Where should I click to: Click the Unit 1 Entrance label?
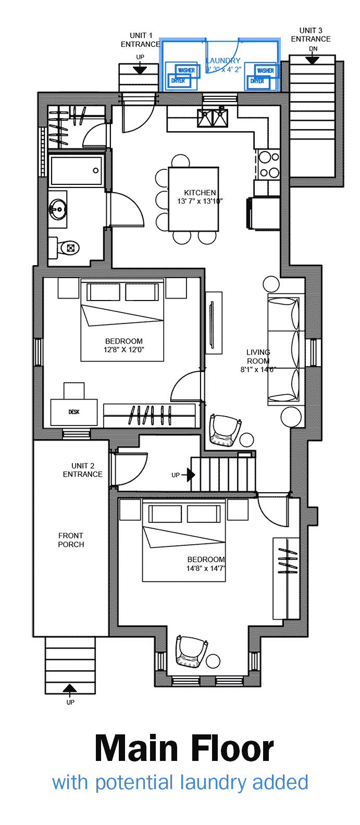[x=141, y=40]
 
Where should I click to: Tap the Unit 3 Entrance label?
[x=311, y=34]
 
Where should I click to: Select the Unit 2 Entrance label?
[x=82, y=470]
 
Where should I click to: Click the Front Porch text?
[x=71, y=540]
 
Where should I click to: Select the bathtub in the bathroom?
[x=76, y=170]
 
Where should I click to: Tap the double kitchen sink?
[x=213, y=118]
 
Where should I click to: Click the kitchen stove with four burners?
[x=269, y=164]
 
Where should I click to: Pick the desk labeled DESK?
[x=74, y=412]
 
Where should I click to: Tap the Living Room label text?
[x=258, y=356]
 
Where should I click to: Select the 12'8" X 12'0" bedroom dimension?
[x=124, y=349]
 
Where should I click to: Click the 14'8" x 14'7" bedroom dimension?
[x=206, y=568]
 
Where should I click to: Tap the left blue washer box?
[x=186, y=70]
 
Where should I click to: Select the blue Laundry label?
[x=224, y=60]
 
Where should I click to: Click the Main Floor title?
[x=184, y=749]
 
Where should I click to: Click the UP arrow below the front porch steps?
[x=70, y=691]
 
